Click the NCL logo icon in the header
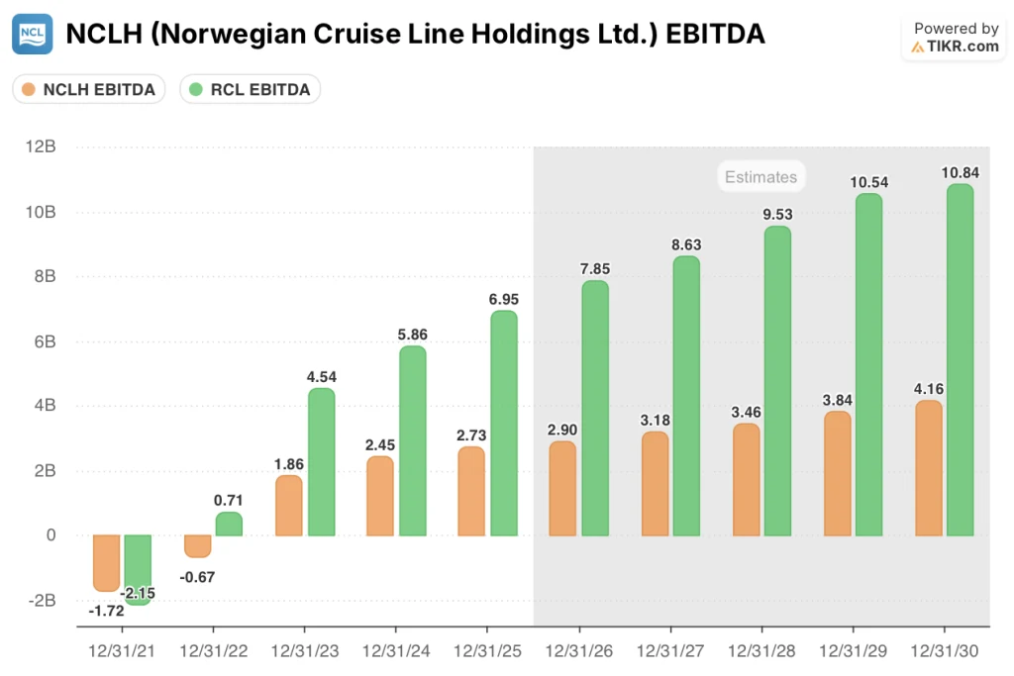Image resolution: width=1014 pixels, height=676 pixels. click(x=33, y=35)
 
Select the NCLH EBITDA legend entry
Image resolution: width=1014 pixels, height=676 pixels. click(x=89, y=90)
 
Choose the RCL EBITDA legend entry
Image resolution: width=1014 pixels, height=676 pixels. click(x=250, y=90)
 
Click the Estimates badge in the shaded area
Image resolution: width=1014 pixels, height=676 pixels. click(x=760, y=177)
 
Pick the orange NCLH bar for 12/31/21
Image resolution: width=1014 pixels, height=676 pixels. click(x=107, y=562)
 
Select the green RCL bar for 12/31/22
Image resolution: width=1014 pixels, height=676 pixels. click(x=229, y=524)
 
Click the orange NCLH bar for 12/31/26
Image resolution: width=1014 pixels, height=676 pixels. click(x=562, y=488)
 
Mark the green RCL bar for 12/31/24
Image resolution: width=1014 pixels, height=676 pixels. click(x=412, y=440)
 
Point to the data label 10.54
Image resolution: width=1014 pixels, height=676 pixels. click(x=869, y=182)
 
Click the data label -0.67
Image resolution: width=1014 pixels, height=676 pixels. click(x=198, y=577)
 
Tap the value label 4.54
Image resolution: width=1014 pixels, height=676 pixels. click(x=321, y=376)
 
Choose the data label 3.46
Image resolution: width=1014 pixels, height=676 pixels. click(x=746, y=411)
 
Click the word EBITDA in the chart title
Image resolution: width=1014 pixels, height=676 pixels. click(x=716, y=34)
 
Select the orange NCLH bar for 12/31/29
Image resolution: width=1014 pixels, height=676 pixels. click(x=838, y=473)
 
